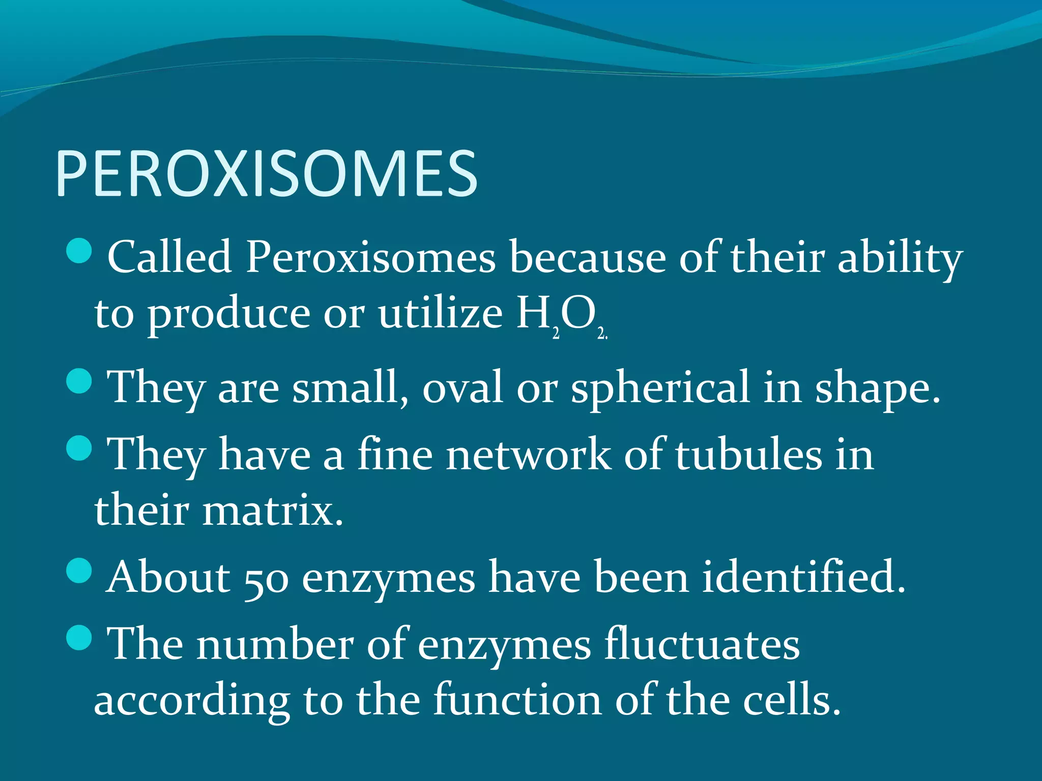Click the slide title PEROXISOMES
click(x=267, y=174)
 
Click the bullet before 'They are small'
click(x=79, y=381)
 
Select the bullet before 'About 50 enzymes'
click(x=79, y=570)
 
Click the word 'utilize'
click(x=440, y=314)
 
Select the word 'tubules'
click(x=748, y=455)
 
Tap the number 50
click(x=267, y=580)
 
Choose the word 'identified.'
click(x=804, y=578)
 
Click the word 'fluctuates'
click(x=702, y=645)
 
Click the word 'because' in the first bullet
click(x=587, y=257)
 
